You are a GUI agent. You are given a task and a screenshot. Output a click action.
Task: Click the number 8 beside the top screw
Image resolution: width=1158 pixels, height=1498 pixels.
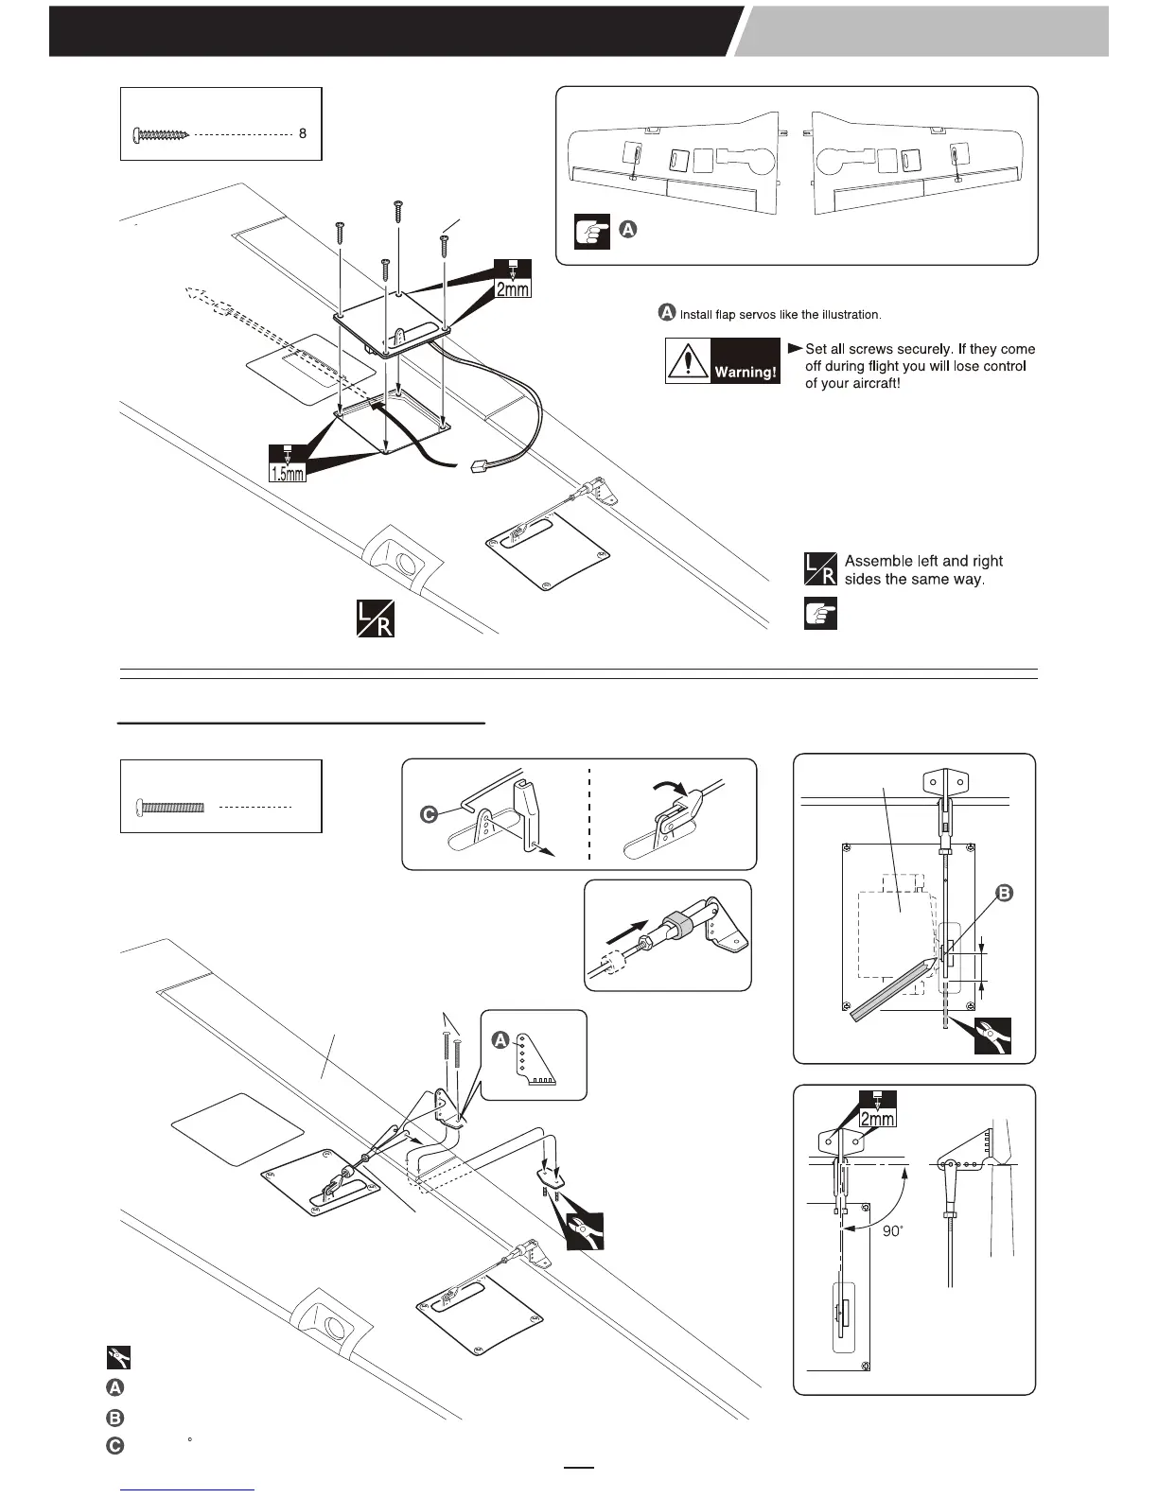coord(303,134)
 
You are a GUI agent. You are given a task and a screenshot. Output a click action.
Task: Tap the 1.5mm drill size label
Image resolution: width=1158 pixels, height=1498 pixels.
coord(288,469)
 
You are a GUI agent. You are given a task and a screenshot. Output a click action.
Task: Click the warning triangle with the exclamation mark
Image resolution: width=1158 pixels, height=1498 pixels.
coord(689,361)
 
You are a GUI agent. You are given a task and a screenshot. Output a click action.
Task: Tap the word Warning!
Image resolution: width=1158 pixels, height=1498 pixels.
coord(746,372)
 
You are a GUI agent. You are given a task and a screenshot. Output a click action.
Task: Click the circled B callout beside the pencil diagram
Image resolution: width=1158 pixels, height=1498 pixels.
coord(1004,892)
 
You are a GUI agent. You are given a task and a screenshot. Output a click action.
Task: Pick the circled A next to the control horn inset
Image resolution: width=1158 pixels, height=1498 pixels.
coord(501,1039)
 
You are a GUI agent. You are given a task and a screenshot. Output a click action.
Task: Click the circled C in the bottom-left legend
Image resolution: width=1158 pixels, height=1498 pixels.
coord(114,1444)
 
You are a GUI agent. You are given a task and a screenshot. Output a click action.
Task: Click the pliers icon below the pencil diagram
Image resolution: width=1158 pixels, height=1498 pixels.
coord(992,1036)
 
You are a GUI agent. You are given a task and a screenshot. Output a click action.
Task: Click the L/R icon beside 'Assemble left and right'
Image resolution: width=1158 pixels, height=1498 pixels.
coord(819,569)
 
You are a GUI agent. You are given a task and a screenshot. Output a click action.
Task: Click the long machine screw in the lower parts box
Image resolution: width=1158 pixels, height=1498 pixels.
coord(170,807)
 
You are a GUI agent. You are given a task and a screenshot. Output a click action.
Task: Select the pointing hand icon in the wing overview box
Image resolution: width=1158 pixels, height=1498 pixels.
coord(592,232)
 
